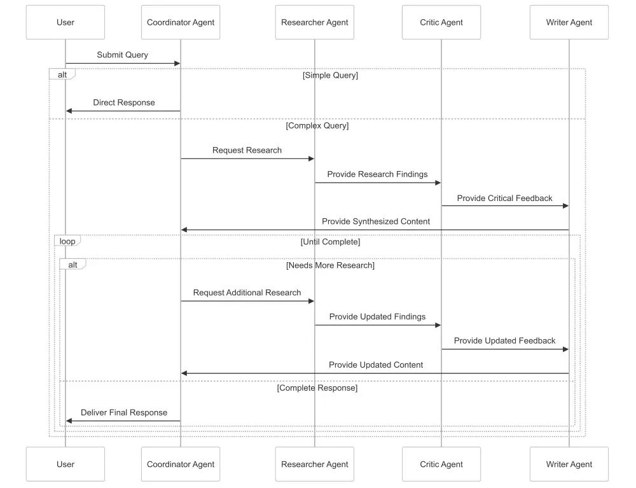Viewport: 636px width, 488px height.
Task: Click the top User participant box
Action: click(x=66, y=22)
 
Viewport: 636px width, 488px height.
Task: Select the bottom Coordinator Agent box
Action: click(x=181, y=464)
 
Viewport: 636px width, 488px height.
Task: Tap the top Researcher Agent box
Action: click(x=314, y=22)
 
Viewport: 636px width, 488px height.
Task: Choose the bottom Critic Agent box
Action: click(x=441, y=464)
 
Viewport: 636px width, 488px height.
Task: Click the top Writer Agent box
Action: click(x=569, y=22)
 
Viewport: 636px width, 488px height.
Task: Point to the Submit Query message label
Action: click(x=123, y=55)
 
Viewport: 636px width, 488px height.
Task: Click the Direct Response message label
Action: click(x=124, y=102)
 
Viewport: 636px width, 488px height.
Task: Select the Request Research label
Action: click(x=247, y=150)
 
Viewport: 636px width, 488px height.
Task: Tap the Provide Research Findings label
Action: click(x=377, y=174)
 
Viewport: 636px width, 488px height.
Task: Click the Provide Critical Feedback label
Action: click(x=504, y=198)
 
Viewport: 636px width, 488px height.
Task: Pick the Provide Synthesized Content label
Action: click(x=376, y=221)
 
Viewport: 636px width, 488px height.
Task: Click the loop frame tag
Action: click(x=67, y=241)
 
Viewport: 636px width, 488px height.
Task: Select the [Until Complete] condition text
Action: click(x=330, y=242)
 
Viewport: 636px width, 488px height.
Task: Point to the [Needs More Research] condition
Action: click(x=330, y=265)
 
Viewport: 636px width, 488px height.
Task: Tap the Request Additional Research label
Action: click(x=247, y=293)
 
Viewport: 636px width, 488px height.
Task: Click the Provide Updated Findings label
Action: click(x=377, y=316)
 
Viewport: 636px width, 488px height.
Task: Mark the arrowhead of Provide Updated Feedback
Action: click(x=566, y=349)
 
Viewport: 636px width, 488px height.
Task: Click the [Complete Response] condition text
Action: click(x=317, y=388)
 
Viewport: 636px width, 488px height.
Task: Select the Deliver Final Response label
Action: click(x=124, y=412)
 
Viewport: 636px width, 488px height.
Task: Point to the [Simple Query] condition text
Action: click(x=330, y=76)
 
